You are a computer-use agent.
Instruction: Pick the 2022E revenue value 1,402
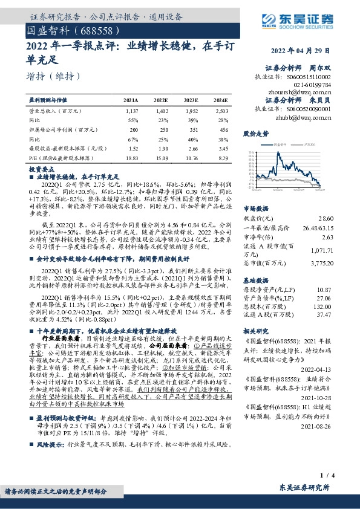(x=163, y=111)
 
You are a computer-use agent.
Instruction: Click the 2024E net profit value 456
(x=223, y=129)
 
